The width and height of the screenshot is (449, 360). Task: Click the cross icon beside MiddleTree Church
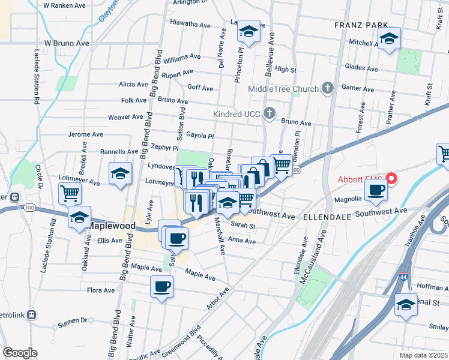(x=328, y=89)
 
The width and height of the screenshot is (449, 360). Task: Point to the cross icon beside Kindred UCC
(x=270, y=113)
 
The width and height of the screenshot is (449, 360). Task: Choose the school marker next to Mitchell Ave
(x=390, y=40)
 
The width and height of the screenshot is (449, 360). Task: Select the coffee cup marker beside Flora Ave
(x=161, y=287)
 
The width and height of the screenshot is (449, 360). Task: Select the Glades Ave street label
(x=361, y=69)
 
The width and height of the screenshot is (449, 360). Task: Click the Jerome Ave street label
(x=83, y=134)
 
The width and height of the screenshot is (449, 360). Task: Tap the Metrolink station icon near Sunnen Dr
(x=31, y=314)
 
